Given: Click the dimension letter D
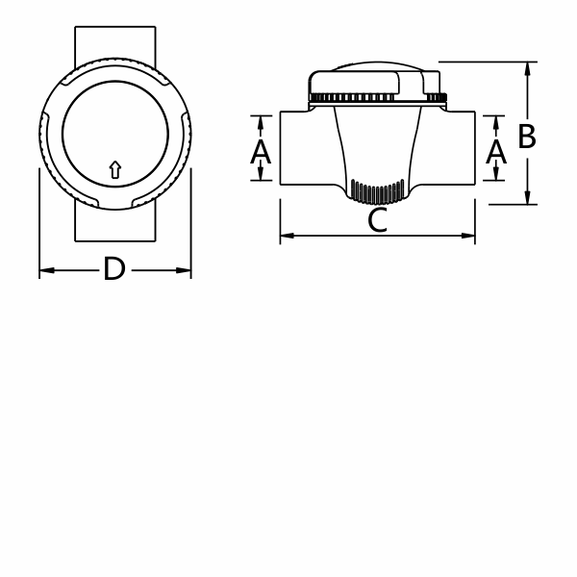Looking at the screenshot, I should point(114,270).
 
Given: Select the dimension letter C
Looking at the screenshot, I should point(378,222).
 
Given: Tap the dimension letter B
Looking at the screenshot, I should point(526,137).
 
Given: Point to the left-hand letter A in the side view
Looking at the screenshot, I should point(261,150).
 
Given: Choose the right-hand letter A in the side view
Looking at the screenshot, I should point(495,150).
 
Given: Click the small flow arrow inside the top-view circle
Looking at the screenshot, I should point(115,170).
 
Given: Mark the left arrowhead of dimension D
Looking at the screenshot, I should point(44,272).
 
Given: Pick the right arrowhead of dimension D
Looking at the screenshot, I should point(186,272).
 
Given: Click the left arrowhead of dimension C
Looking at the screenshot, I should point(286,236).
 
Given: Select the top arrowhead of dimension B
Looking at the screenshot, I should point(528,67).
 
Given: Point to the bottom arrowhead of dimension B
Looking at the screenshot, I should point(528,198).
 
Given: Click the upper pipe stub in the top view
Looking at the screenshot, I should point(114,43).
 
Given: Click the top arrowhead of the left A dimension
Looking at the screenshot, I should point(261,121).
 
